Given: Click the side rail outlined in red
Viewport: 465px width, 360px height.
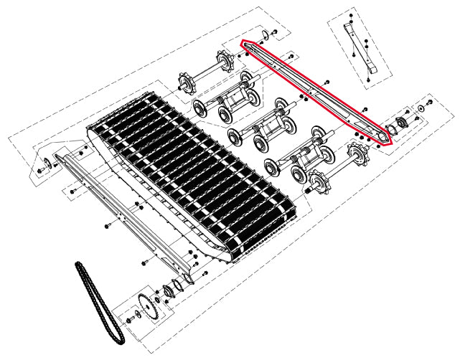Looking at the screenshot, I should [316, 90].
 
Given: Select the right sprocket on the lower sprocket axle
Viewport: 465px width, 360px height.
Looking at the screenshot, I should [357, 153].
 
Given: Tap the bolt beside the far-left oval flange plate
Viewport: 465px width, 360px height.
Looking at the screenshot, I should [38, 171].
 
